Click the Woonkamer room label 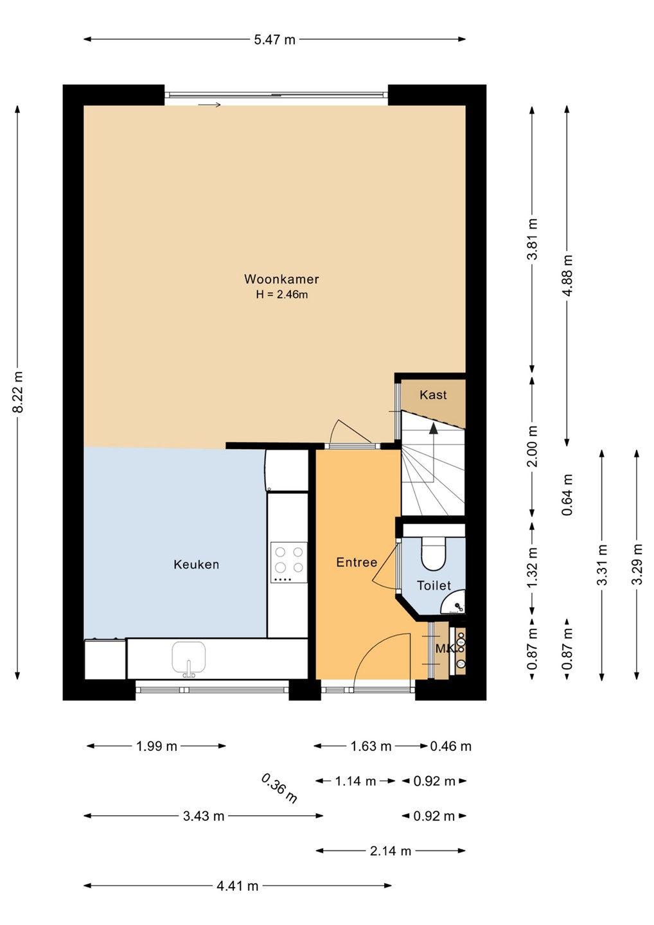coord(281,279)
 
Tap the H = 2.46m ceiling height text coord(282,295)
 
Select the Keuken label coord(196,565)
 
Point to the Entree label coord(357,562)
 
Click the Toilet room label coord(434,585)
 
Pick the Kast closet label coord(433,395)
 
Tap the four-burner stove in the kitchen coord(288,562)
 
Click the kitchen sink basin coord(189,656)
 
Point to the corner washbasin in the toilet coord(454,603)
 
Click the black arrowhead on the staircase coord(433,428)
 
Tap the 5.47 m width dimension coord(274,40)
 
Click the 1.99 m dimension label coord(157,746)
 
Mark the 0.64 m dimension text coord(568,495)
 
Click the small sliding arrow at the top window coord(209,105)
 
